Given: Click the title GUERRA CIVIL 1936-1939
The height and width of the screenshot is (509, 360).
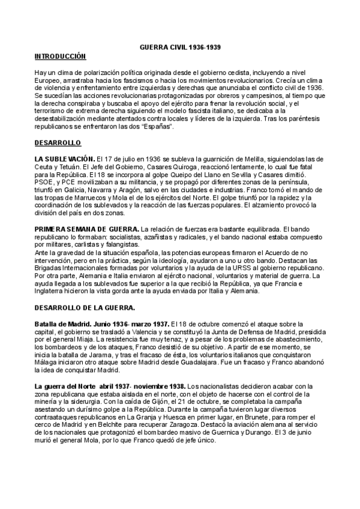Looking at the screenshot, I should [182, 46].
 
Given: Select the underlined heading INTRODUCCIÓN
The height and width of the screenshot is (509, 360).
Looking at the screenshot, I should [61, 56].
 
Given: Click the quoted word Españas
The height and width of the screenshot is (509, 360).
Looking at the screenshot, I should [157, 127].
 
